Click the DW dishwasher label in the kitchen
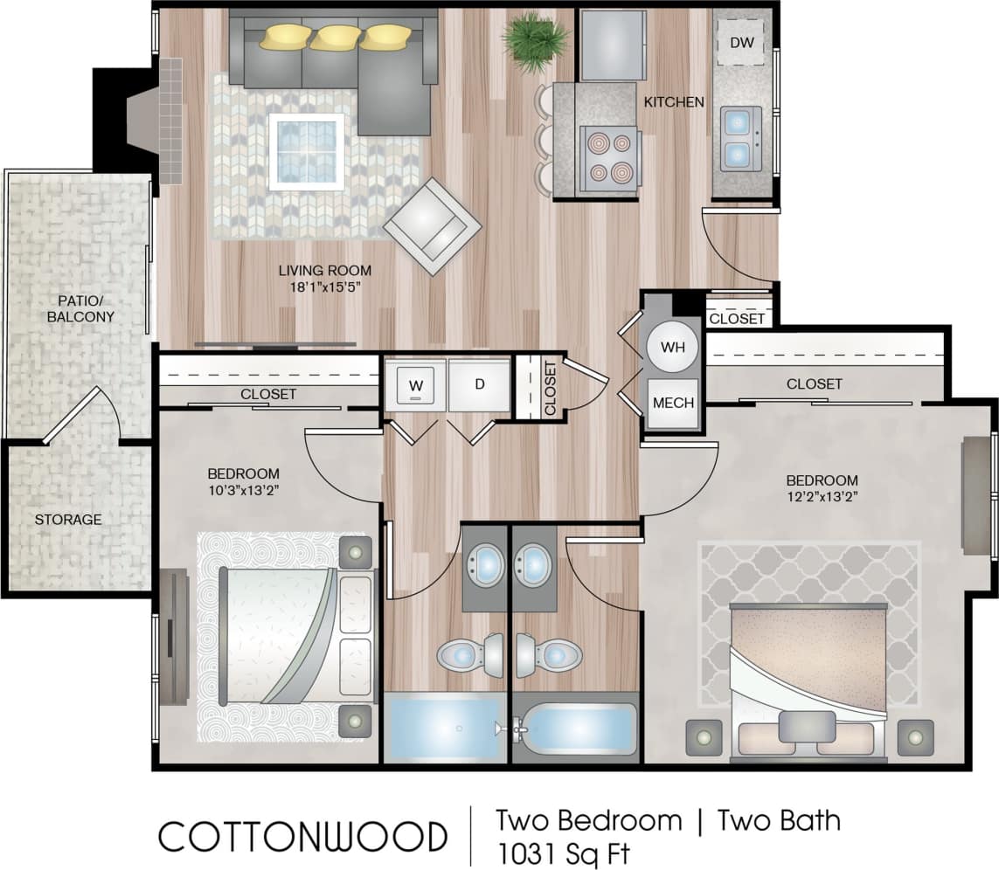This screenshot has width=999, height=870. click(x=740, y=42)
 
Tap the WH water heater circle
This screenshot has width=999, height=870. click(x=672, y=347)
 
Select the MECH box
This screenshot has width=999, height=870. click(x=674, y=403)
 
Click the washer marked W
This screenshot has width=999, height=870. click(x=415, y=383)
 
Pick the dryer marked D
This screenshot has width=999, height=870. click(x=479, y=383)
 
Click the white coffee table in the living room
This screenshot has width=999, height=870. click(x=306, y=150)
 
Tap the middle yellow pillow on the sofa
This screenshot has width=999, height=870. click(x=336, y=37)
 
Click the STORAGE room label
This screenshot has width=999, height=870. click(x=68, y=520)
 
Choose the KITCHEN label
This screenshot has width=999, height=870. click(x=674, y=102)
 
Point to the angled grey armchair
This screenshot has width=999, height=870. click(x=433, y=227)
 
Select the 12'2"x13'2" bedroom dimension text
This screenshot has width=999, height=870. click(x=822, y=498)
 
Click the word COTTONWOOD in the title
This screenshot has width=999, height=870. click(x=302, y=836)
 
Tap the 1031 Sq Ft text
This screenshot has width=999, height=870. click(x=563, y=852)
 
